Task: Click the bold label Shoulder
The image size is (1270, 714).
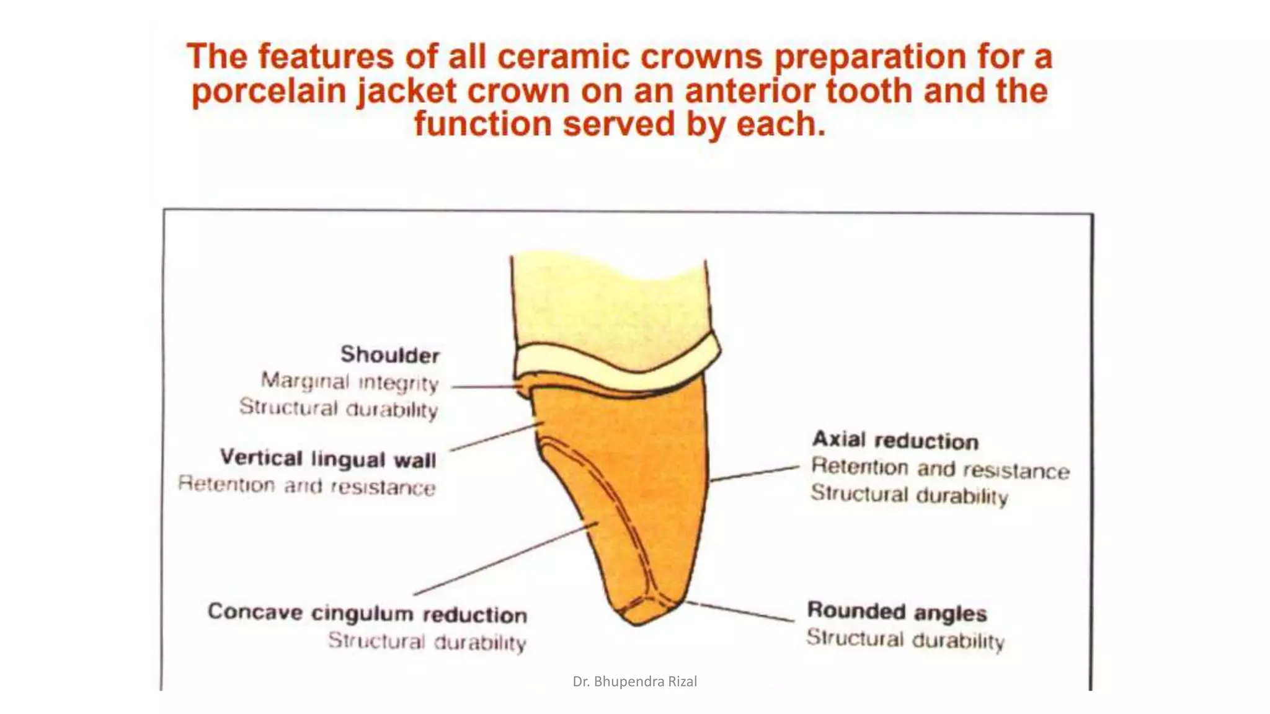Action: [389, 355]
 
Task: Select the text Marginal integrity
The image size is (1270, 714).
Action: [350, 381]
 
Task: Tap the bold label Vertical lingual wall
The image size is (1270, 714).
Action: [328, 459]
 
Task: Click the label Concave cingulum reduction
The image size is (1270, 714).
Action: [367, 613]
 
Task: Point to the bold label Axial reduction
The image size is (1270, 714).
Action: [895, 440]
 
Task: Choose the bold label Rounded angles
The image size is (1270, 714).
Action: [897, 612]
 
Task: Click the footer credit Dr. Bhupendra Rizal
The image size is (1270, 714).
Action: [634, 681]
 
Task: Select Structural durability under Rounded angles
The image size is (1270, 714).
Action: [905, 638]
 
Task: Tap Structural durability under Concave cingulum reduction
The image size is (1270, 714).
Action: [427, 641]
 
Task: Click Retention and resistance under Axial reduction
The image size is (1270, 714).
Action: [940, 469]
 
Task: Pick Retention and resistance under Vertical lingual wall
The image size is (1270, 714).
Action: [306, 486]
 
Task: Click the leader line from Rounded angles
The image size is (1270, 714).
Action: [741, 610]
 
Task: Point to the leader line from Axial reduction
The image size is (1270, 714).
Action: [755, 473]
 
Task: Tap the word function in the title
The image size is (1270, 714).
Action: [482, 123]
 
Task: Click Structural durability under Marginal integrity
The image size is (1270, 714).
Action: [339, 408]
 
